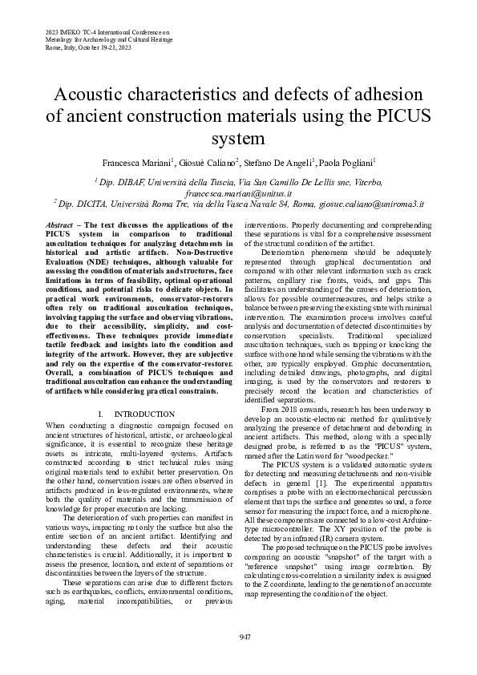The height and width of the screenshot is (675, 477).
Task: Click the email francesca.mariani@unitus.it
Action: (238, 193)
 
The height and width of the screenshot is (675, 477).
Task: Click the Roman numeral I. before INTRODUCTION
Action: (99, 414)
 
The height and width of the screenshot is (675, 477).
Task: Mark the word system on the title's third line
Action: (238, 138)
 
